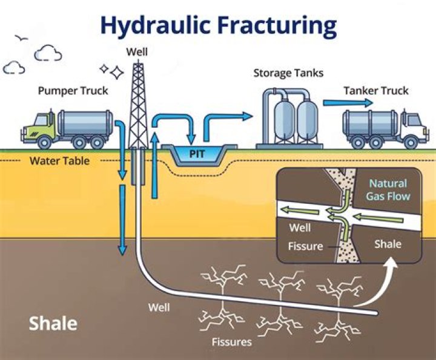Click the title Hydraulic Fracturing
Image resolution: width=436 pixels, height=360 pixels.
click(x=218, y=26)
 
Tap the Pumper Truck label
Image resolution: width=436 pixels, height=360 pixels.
click(x=73, y=91)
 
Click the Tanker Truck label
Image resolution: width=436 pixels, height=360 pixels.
click(x=376, y=91)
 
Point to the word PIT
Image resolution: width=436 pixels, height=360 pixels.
click(x=197, y=154)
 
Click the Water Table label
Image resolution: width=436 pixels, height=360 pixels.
click(x=59, y=162)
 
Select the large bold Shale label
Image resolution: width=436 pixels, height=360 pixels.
click(x=53, y=323)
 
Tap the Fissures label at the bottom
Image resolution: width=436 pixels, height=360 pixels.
click(x=231, y=342)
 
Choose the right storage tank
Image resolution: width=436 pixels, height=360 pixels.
click(x=308, y=120)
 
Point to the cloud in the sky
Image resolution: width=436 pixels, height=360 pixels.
click(x=48, y=54)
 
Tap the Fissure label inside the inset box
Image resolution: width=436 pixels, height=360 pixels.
click(x=306, y=247)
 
